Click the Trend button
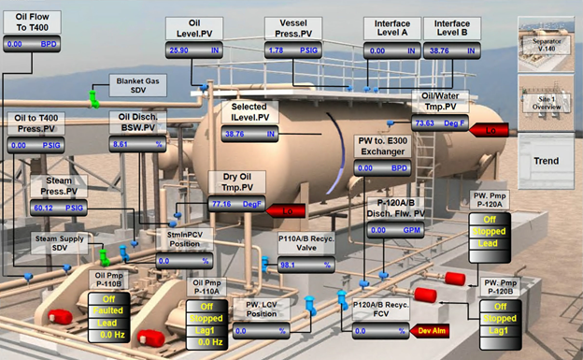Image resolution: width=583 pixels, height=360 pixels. coord(547,161)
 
